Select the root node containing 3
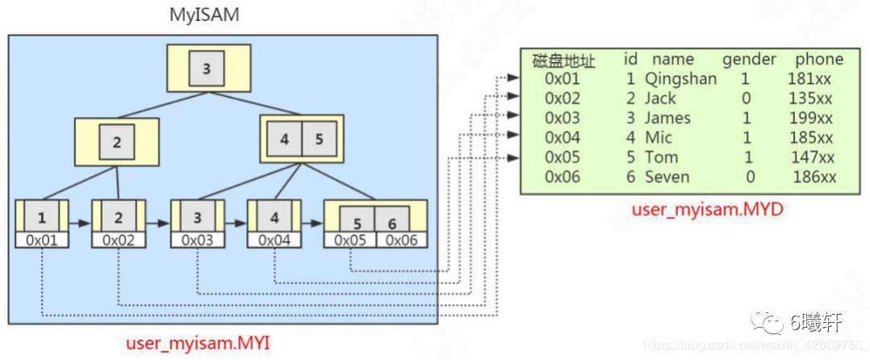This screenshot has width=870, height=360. (207, 69)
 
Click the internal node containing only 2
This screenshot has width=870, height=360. (117, 143)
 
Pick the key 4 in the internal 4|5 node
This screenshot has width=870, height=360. (284, 139)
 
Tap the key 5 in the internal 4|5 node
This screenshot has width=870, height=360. (319, 139)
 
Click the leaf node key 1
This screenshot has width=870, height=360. (42, 217)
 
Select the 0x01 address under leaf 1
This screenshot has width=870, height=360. (42, 240)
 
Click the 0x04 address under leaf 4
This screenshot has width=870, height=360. (274, 240)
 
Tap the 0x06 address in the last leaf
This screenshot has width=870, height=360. (401, 240)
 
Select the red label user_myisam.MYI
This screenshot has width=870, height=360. (198, 344)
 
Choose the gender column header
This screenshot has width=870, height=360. (749, 59)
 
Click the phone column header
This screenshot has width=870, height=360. (818, 59)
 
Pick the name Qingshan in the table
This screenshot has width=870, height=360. (680, 79)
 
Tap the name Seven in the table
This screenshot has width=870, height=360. (666, 177)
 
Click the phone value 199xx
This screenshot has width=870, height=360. (810, 118)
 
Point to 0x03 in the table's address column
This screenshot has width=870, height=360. (563, 118)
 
